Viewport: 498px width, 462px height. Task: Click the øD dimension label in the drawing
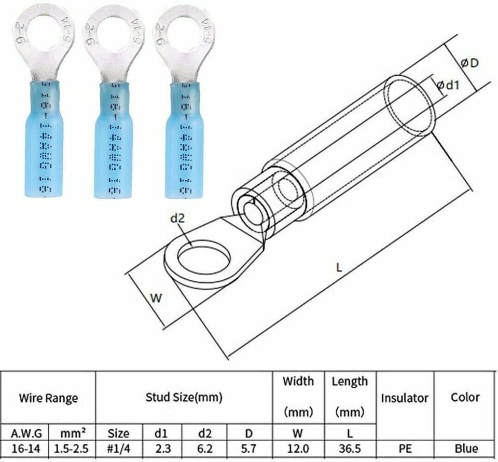coord(469,63)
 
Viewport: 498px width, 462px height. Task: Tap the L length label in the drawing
coord(338,268)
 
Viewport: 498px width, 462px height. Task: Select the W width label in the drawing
coord(155,298)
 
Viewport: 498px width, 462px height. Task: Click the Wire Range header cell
coord(48,398)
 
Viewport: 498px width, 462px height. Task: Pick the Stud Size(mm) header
coord(184,398)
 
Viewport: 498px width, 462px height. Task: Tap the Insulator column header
coord(405,398)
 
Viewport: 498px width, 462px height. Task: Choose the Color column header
coord(465,398)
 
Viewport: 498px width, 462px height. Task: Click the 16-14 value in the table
coord(24,449)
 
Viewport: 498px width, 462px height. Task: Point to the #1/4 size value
coord(118,449)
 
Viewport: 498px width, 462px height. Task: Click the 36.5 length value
coord(350,449)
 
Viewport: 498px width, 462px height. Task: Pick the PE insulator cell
coord(405,449)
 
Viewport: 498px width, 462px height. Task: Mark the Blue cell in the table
coord(465,449)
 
